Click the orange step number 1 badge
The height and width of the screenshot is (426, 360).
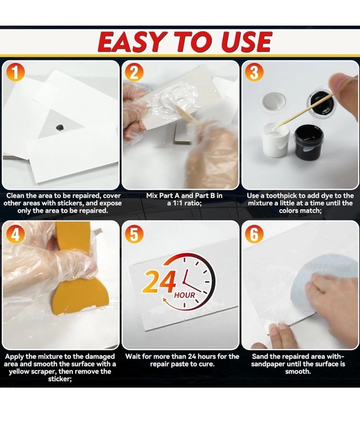click(x=15, y=73)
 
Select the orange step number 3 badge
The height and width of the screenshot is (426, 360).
click(x=254, y=73)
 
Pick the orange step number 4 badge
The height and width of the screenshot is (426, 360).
click(x=15, y=234)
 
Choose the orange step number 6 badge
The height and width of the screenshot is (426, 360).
click(x=254, y=234)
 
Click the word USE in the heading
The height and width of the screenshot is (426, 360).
click(x=246, y=42)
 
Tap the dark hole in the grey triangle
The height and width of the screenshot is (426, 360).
click(x=59, y=127)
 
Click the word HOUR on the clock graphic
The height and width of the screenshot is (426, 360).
click(x=185, y=295)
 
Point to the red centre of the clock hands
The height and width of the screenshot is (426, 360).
click(x=185, y=283)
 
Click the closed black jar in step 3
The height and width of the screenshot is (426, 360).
click(x=309, y=141)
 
